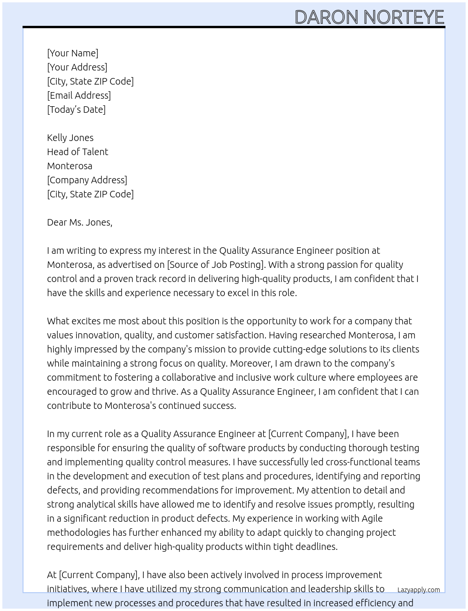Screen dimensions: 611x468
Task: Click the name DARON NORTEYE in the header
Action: coord(369,17)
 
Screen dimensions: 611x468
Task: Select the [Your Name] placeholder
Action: coord(72,53)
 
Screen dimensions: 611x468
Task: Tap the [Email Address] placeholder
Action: coord(79,95)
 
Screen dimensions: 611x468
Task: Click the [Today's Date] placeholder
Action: coord(76,110)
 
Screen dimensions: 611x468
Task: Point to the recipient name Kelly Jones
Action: coord(70,138)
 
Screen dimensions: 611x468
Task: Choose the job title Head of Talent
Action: coord(78,152)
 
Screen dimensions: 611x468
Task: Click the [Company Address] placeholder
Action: coord(87,180)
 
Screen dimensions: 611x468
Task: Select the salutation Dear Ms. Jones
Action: coord(79,222)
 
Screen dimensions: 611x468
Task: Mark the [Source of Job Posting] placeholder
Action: coord(216,265)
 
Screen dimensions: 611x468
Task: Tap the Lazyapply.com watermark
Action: coord(418,590)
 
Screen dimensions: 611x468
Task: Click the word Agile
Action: coord(372,518)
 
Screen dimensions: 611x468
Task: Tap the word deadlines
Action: coord(316,547)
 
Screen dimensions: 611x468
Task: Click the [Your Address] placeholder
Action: coord(77,67)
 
